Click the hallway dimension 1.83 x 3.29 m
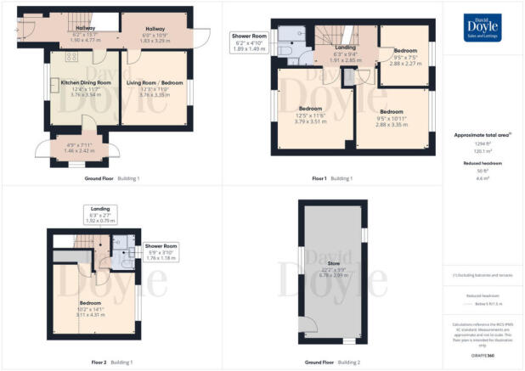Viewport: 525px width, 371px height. point(155,40)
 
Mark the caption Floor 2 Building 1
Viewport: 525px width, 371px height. point(111,362)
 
